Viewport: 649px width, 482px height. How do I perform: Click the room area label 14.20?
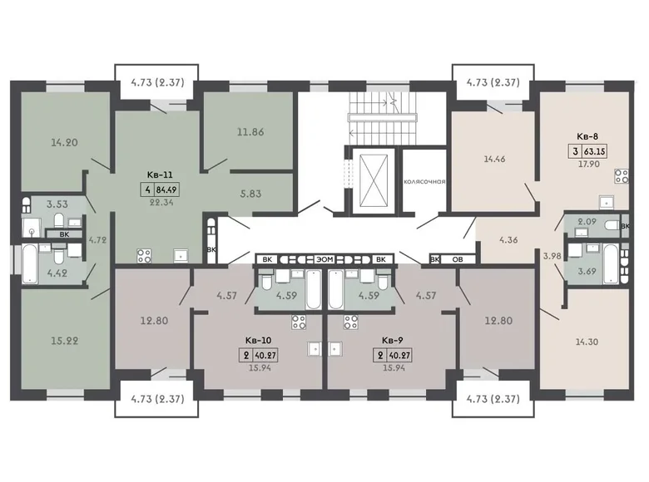click(63, 142)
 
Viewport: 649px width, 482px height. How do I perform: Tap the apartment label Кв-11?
click(159, 175)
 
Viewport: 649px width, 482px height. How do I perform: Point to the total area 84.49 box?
click(167, 188)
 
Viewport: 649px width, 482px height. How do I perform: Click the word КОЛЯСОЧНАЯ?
click(424, 181)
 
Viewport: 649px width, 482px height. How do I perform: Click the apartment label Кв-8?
click(587, 138)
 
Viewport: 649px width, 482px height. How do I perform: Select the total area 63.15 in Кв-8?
click(593, 151)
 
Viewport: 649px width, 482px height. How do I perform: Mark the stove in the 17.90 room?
click(621, 175)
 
